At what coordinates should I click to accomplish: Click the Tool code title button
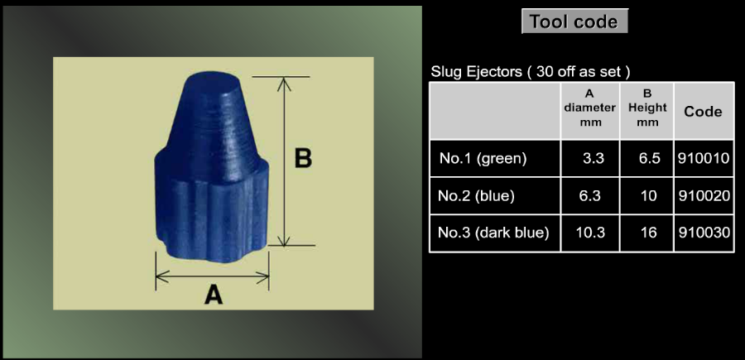pos(574,22)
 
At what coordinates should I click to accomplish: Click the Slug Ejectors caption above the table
pos(531,72)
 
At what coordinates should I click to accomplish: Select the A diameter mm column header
pos(589,108)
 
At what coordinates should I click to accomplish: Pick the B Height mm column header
pos(647,108)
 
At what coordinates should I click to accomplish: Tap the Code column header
pos(703,112)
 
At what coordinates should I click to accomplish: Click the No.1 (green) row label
pos(483,158)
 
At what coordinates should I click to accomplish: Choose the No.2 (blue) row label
pos(476,195)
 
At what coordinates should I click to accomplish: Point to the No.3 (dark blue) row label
pos(493,233)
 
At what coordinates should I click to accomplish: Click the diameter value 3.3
pos(594,158)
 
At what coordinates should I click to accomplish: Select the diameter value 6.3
pos(589,195)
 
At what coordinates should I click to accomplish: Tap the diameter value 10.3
pos(590,233)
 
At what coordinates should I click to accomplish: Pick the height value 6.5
pos(650,158)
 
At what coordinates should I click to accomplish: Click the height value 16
pos(648,233)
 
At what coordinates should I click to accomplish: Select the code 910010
pos(704,158)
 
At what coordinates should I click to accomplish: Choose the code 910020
pos(704,195)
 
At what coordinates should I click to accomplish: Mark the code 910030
pos(703,233)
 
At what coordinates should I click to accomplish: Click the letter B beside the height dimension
pos(303,159)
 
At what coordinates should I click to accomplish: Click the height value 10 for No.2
pos(648,195)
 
